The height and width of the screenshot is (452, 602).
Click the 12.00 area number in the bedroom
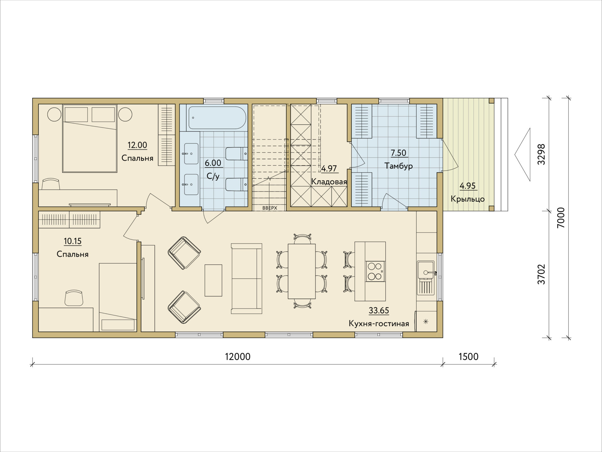point(137,145)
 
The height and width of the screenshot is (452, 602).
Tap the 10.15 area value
point(73,241)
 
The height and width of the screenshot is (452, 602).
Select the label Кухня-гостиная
point(379,324)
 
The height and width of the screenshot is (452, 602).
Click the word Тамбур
point(399,166)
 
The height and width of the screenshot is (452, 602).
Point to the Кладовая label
point(329,182)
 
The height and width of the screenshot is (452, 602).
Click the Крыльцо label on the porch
point(467,199)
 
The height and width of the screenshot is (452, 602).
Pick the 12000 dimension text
point(238,357)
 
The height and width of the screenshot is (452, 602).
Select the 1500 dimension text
point(468,357)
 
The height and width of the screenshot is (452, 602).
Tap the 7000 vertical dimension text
point(561,218)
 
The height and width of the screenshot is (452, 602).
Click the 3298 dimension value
point(541,154)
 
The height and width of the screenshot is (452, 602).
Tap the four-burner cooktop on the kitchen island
point(375,271)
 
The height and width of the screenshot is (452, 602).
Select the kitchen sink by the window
point(426,278)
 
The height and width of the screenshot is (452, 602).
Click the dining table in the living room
point(302,271)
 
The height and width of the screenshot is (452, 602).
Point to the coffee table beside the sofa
point(214,280)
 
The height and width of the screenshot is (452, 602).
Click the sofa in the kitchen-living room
point(246,278)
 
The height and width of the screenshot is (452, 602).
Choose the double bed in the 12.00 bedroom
point(90,138)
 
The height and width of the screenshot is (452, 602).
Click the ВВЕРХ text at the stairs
point(270,208)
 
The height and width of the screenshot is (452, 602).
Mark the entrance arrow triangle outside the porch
point(522,154)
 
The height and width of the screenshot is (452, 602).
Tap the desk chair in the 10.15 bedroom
point(74,298)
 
